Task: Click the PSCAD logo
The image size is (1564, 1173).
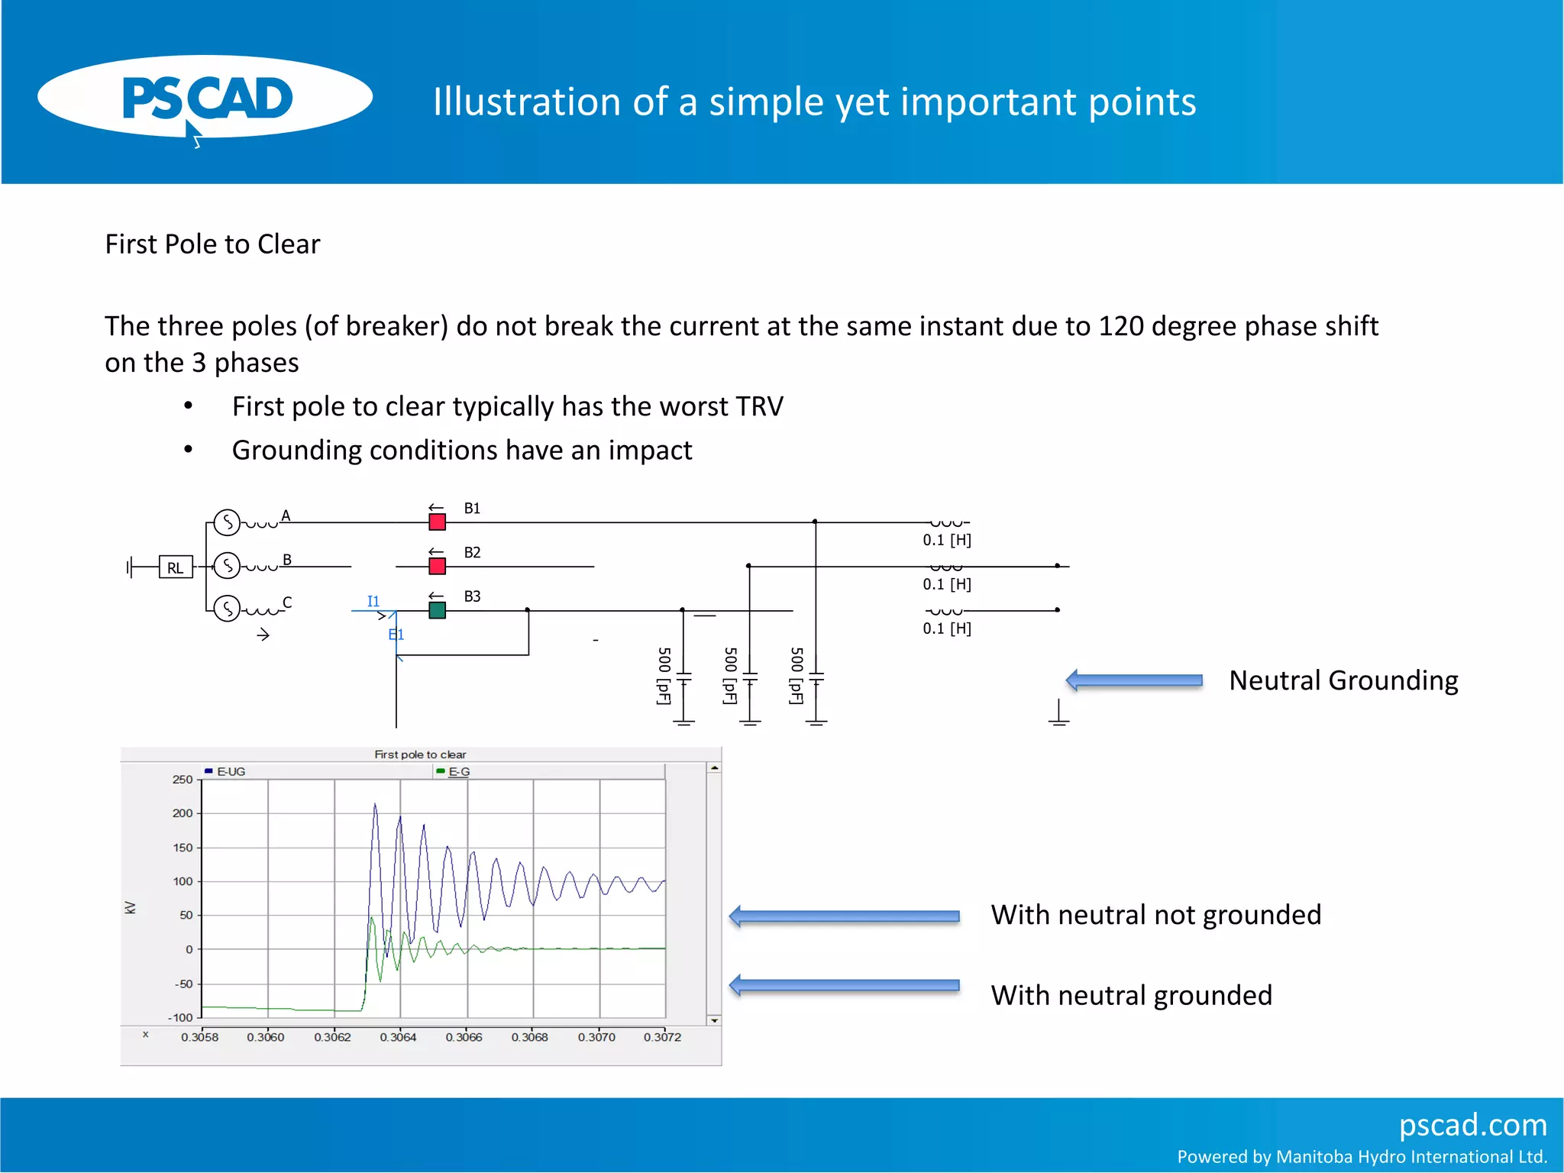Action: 205,98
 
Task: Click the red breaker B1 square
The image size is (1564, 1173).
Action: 437,522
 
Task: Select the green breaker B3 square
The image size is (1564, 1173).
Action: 437,610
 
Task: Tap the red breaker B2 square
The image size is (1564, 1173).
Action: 437,567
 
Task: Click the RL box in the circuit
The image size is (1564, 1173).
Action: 175,567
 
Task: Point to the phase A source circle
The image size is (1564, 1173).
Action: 227,522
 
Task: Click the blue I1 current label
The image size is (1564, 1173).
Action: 373,601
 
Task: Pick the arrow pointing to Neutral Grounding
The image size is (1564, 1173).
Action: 1134,680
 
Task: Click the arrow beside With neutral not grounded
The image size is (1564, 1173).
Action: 844,916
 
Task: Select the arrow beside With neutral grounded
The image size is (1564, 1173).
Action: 844,985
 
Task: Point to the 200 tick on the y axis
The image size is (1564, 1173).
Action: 183,813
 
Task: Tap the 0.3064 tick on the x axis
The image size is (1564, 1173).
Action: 398,1037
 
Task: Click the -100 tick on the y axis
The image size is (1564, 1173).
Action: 181,1017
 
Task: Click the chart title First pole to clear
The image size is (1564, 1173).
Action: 420,755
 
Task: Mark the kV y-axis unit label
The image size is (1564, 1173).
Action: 131,907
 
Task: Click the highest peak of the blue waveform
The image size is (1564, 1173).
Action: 374,805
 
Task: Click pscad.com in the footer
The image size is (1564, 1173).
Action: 1472,1125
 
